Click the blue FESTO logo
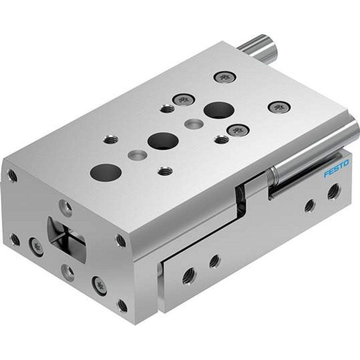(x=336, y=168)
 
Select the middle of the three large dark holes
(x=163, y=140)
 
